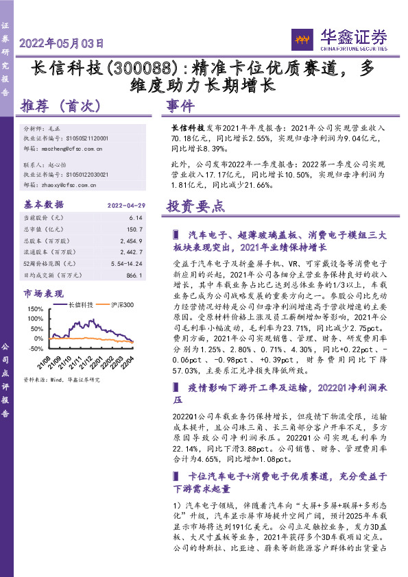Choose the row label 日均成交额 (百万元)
(52, 275)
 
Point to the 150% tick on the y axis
(35, 309)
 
